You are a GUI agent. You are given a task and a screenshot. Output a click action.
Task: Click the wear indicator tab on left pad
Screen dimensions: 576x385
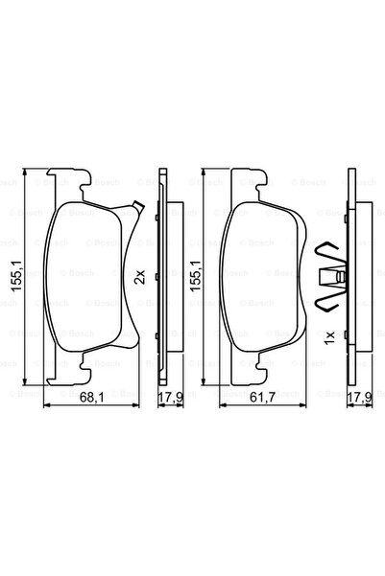click(x=138, y=206)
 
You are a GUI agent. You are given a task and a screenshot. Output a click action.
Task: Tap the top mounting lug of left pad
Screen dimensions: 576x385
click(x=83, y=181)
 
